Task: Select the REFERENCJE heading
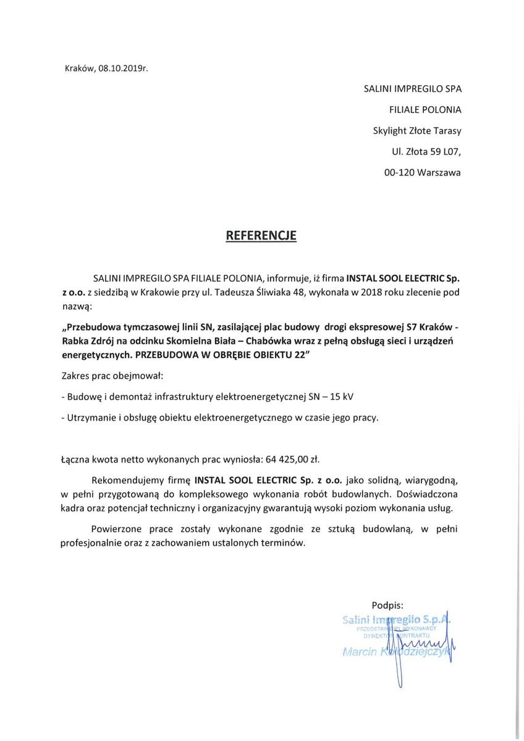(x=261, y=235)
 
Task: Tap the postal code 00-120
(x=398, y=173)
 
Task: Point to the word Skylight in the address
(x=394, y=131)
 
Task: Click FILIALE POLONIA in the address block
(x=425, y=110)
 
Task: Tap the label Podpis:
(x=387, y=605)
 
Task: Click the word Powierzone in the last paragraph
(x=117, y=529)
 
